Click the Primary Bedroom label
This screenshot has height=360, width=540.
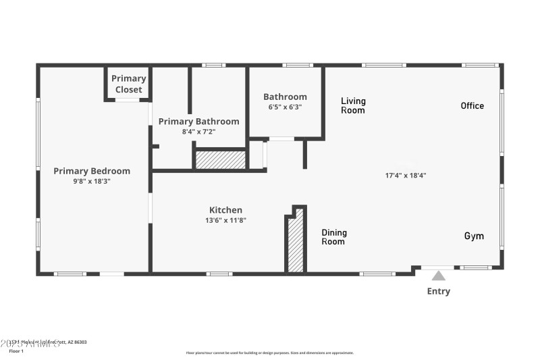(92, 171)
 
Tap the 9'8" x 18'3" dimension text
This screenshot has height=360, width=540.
(92, 181)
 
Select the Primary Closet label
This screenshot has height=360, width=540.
(128, 84)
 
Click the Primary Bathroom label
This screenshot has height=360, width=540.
(198, 122)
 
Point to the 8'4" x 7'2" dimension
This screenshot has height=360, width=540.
(198, 132)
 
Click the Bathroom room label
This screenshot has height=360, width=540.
(285, 97)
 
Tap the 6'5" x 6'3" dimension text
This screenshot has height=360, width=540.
(285, 107)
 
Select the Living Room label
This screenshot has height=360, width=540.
(353, 105)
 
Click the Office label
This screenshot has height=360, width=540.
(472, 105)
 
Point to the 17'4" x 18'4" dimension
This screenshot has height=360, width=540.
(405, 175)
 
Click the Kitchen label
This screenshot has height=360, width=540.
(225, 210)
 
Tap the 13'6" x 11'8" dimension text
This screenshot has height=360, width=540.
(225, 220)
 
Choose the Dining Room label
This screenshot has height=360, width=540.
(333, 237)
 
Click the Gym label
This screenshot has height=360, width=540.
(473, 236)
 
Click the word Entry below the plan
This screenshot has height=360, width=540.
(438, 291)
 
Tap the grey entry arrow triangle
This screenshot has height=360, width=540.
(439, 276)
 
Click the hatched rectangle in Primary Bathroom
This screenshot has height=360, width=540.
(220, 160)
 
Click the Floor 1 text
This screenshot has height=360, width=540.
(16, 351)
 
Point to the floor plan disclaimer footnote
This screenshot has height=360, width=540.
(269, 353)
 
